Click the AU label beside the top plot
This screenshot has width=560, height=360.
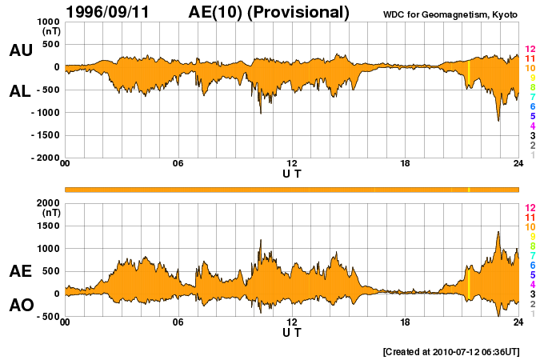[20, 50]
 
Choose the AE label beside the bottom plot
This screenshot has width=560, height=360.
[20, 271]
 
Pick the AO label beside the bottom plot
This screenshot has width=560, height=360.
[20, 305]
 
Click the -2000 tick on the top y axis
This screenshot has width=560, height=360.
[46, 158]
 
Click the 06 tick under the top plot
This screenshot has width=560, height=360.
[178, 164]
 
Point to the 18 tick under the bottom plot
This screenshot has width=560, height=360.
[405, 322]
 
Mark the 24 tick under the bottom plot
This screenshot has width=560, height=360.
[518, 322]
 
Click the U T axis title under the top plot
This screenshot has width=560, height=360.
[292, 174]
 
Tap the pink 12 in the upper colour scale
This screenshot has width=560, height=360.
[530, 50]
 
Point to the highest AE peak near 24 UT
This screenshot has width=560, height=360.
[498, 232]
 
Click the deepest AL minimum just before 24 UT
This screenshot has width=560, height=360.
[498, 121]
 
